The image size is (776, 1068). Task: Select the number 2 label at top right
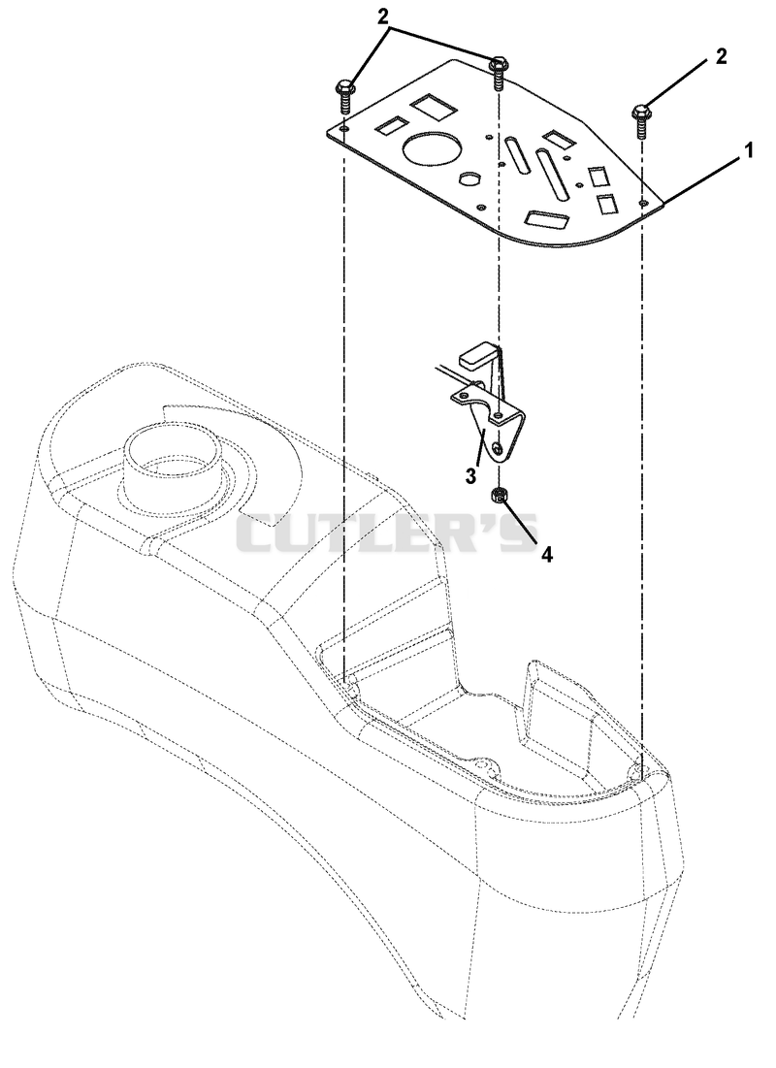721,56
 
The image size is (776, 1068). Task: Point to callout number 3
471,474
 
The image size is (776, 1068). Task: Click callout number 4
547,555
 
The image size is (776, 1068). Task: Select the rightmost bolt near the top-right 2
641,121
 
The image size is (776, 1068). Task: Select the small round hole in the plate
469,178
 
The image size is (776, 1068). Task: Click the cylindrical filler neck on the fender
174,463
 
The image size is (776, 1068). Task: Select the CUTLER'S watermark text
388,533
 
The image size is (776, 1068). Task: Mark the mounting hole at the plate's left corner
344,129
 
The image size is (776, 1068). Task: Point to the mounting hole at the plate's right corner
641,203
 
